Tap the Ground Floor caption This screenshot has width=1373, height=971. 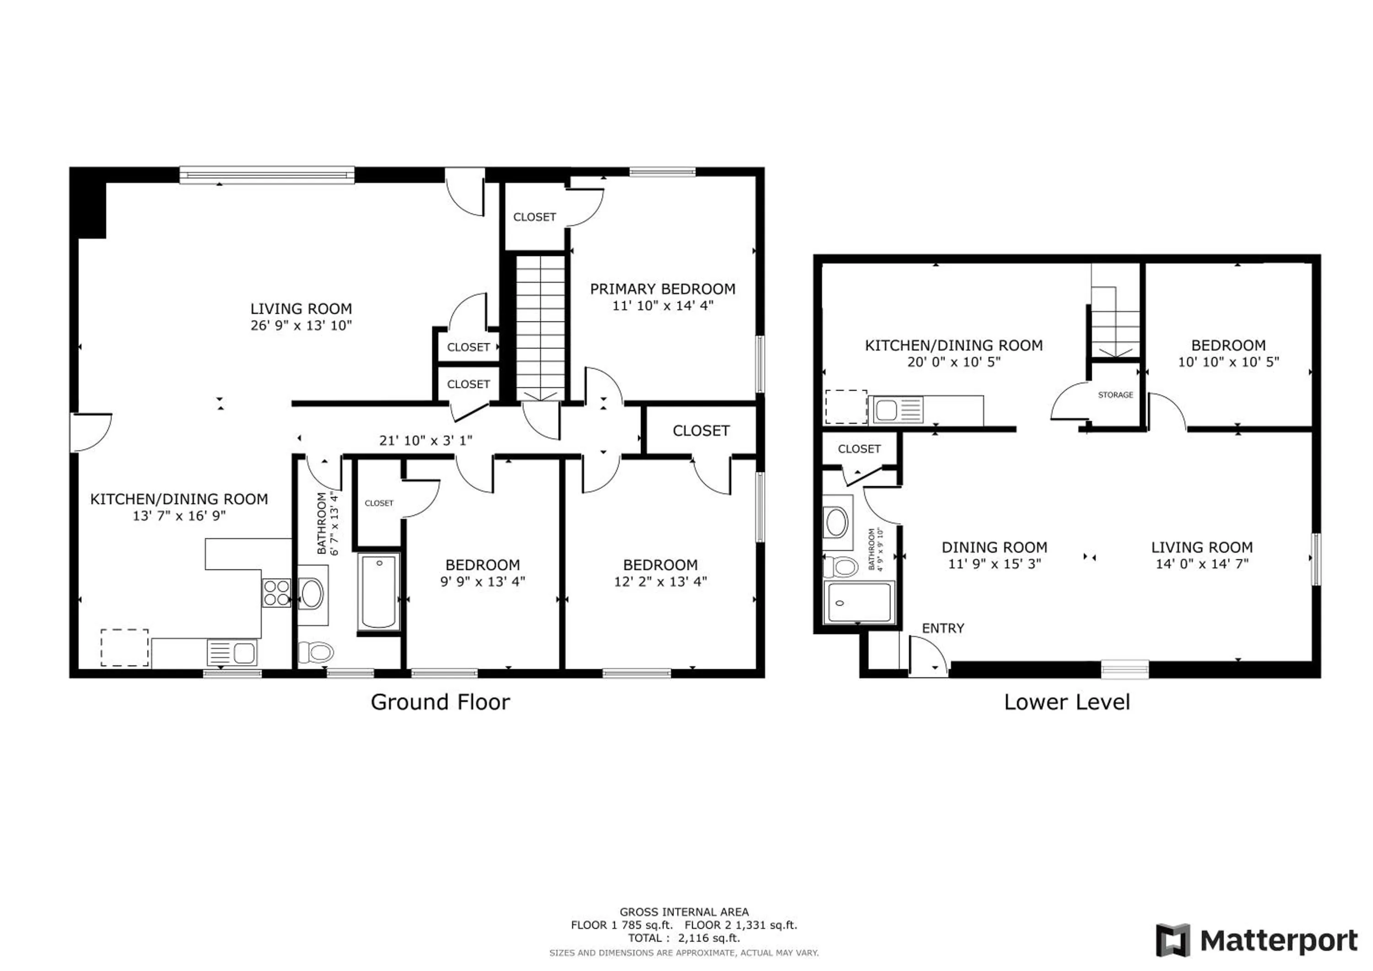click(x=440, y=702)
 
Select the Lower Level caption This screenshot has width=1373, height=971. click(x=1067, y=702)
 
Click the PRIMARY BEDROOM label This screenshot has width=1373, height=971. click(x=663, y=289)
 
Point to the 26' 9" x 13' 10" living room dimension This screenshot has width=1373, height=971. click(x=301, y=326)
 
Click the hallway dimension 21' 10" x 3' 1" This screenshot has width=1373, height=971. click(x=426, y=441)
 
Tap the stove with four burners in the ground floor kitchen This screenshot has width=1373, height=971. click(x=276, y=593)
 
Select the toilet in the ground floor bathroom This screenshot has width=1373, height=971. click(x=315, y=652)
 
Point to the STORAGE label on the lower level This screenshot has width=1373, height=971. click(x=1115, y=394)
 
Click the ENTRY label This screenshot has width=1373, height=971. click(x=943, y=628)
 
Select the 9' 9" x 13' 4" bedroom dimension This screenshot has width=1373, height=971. click(x=482, y=582)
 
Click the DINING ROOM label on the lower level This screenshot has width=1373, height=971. click(x=995, y=547)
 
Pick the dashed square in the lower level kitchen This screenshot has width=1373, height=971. click(x=846, y=407)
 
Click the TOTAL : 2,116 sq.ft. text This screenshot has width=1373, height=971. click(x=683, y=938)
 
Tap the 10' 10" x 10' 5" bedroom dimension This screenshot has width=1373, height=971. click(x=1228, y=362)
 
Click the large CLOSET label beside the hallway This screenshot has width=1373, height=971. click(x=701, y=431)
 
